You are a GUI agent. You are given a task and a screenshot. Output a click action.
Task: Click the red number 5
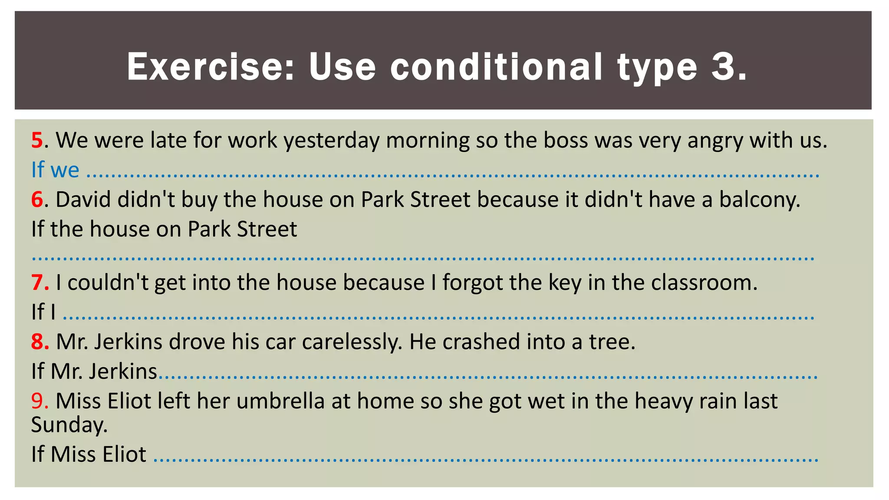37,141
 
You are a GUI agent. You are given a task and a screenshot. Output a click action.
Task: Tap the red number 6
37,200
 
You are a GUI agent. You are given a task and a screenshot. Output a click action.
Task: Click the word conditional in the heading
497,67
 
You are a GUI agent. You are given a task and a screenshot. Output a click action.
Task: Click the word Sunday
69,425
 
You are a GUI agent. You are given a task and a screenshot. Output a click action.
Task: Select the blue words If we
55,170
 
